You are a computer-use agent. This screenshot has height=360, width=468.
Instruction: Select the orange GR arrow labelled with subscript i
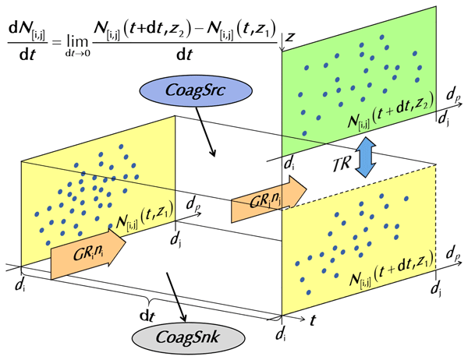(x=87, y=254)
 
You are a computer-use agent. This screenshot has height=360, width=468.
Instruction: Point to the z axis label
(x=289, y=37)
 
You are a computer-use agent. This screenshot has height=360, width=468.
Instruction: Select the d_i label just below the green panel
(x=289, y=164)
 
